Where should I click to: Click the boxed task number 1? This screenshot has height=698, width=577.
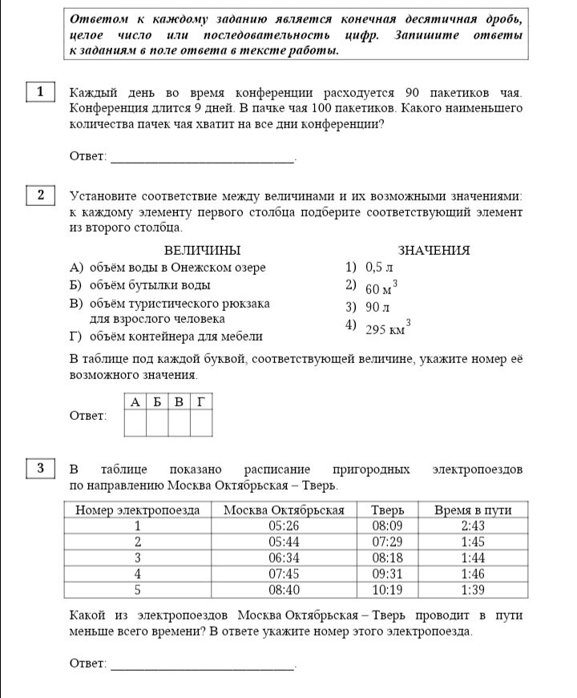(40, 91)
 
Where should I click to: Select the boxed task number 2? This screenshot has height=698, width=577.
(40, 195)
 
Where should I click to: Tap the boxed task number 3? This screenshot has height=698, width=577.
(40, 468)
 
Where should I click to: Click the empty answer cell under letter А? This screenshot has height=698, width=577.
(135, 423)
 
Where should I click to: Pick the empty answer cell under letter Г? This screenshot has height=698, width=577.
(201, 423)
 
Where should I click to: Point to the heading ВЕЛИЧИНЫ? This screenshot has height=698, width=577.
(202, 251)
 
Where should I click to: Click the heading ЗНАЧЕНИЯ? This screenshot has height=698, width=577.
(434, 251)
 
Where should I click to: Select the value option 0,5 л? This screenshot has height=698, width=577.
(377, 268)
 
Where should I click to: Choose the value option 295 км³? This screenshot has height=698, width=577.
(387, 328)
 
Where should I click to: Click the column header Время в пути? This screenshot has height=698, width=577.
(472, 510)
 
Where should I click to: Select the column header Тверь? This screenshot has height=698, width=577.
(388, 510)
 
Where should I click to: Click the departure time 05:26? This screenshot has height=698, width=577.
(284, 527)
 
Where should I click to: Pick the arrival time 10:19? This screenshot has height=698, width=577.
(388, 591)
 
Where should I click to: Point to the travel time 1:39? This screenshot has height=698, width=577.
(472, 591)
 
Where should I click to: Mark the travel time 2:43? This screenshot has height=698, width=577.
(472, 527)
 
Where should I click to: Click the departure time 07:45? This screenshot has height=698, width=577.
(284, 575)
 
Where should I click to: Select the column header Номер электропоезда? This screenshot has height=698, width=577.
(137, 510)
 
